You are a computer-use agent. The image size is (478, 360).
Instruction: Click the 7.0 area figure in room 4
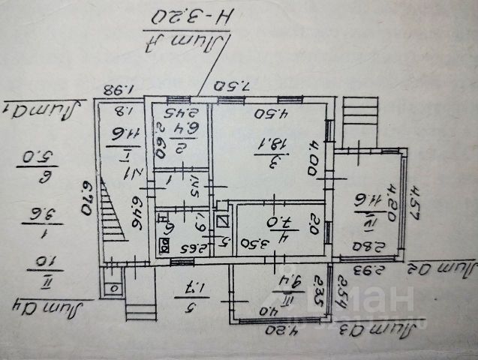coord(269,223)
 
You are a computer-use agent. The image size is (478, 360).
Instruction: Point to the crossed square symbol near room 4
coord(221,220)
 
